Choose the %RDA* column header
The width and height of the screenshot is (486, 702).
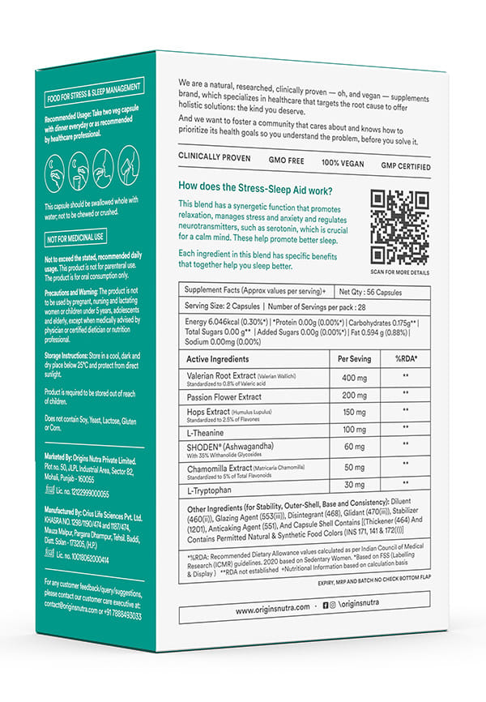pyautogui.click(x=405, y=358)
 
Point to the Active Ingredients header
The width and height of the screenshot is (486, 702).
pyautogui.click(x=218, y=358)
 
